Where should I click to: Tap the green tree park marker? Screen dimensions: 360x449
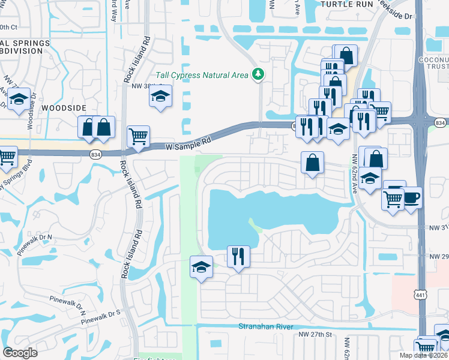click(x=259, y=74)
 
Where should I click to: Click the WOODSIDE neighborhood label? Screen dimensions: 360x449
click(x=64, y=107)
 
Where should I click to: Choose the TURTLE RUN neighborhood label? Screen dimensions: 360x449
click(x=343, y=4)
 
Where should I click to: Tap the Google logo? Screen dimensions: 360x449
click(x=20, y=353)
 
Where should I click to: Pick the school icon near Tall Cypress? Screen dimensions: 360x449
click(x=161, y=97)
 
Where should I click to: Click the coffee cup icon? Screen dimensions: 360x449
click(x=411, y=197)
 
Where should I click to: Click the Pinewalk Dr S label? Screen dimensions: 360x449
click(x=102, y=314)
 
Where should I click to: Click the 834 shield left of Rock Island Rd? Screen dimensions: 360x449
click(x=97, y=155)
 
